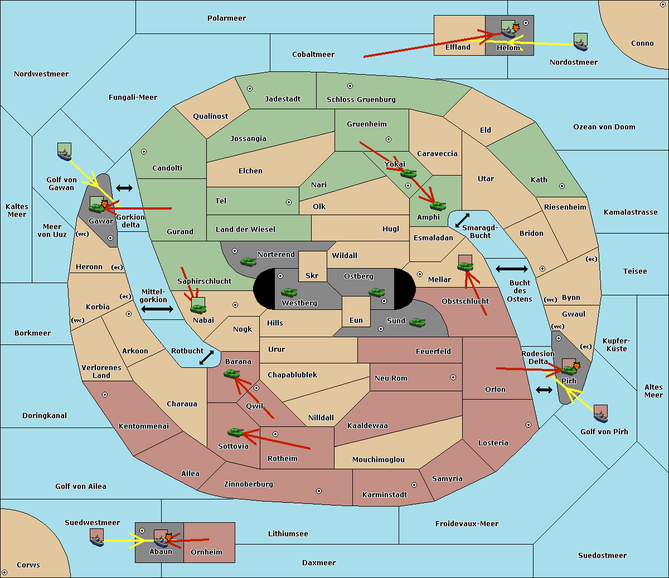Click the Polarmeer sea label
pyautogui.click(x=226, y=18)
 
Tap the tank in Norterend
pyautogui.click(x=248, y=261)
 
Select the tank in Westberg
pyautogui.click(x=289, y=292)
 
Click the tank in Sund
pyautogui.click(x=417, y=322)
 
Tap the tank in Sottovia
pyautogui.click(x=236, y=432)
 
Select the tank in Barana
pyautogui.click(x=232, y=374)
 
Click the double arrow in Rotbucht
pyautogui.click(x=206, y=358)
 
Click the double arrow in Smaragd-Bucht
pyautogui.click(x=462, y=220)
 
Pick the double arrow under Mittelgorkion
pyautogui.click(x=157, y=309)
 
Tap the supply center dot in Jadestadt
pyautogui.click(x=250, y=89)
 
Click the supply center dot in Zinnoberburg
pyautogui.click(x=319, y=491)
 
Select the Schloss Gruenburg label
pyautogui.click(x=361, y=99)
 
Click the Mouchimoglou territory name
pyautogui.click(x=379, y=459)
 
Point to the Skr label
pyautogui.click(x=312, y=275)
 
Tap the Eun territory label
pyautogui.click(x=356, y=320)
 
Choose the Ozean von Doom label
pyautogui.click(x=604, y=127)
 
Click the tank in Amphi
pyautogui.click(x=438, y=206)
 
